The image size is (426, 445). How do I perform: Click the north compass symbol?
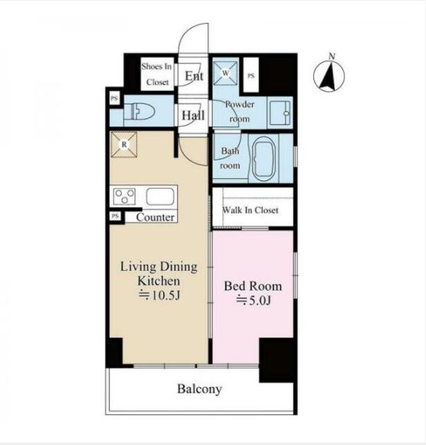[329, 74]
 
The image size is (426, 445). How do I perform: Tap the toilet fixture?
[139, 111]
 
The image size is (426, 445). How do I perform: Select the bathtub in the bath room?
[264, 159]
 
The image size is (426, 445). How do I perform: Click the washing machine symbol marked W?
[225, 73]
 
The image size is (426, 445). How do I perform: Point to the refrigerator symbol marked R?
[124, 144]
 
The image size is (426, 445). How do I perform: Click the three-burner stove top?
[124, 196]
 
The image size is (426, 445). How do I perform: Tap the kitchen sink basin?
[160, 196]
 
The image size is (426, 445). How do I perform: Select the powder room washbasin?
[280, 114]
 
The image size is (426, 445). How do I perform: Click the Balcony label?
[199, 389]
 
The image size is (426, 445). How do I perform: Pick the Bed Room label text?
[253, 286]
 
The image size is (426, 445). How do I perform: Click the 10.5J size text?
[159, 295]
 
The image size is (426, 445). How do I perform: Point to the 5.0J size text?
[254, 300]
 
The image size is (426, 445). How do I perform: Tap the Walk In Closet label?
[251, 210]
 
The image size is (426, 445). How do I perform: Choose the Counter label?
[155, 217]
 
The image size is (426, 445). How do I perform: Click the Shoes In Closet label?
[157, 74]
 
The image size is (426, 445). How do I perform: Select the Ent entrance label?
[194, 76]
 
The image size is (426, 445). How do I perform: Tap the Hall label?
[193, 116]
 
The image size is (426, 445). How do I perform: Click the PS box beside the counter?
[115, 216]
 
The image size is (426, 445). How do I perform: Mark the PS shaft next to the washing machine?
[251, 75]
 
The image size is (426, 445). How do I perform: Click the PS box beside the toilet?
[114, 99]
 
